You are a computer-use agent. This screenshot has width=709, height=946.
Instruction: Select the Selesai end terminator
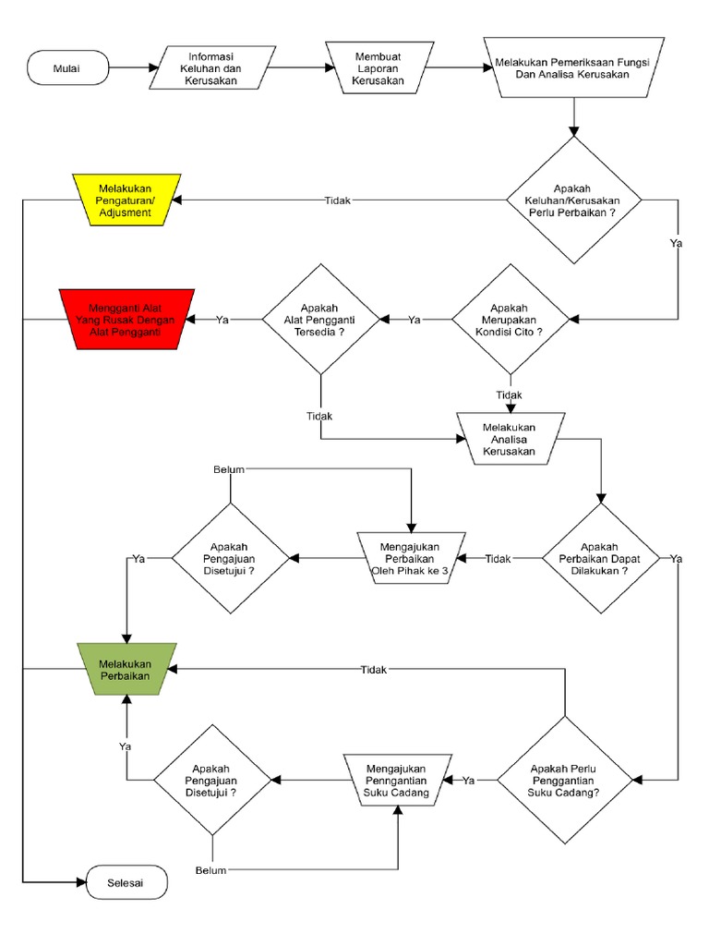click(127, 882)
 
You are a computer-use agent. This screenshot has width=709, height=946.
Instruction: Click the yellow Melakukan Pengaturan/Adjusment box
click(126, 200)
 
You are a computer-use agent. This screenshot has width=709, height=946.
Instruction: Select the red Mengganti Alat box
click(126, 319)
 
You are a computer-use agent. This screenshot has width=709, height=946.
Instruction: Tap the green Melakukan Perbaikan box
click(126, 669)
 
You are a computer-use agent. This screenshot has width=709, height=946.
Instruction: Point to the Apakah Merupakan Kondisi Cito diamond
click(510, 319)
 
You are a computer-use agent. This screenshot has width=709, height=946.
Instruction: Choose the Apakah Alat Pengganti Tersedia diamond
click(320, 319)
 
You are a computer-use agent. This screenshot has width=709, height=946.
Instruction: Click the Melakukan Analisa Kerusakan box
click(510, 439)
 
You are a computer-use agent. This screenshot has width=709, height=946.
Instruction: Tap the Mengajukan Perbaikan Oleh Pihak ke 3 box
click(410, 559)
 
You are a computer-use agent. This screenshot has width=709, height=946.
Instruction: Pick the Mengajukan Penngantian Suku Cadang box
click(398, 781)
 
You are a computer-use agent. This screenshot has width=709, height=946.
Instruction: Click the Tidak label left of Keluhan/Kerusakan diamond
click(337, 200)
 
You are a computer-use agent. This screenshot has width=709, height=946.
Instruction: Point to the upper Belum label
click(229, 469)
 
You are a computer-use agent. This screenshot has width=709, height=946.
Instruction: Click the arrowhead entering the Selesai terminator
click(80, 882)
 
